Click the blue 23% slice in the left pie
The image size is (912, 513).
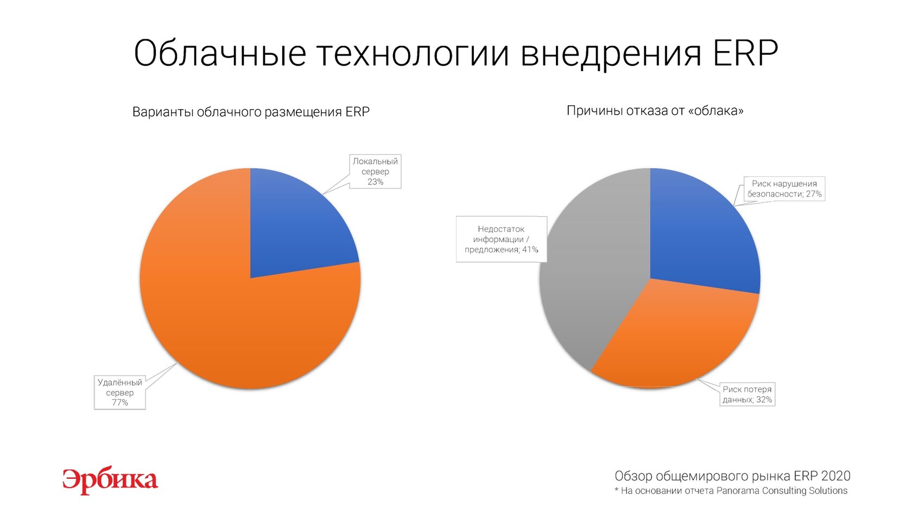293,228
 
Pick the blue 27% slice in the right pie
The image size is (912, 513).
700,236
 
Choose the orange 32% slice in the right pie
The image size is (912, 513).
676,338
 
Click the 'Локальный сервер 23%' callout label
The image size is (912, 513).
375,172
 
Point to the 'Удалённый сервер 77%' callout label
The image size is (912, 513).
119,392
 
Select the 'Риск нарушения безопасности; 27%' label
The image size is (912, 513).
784,189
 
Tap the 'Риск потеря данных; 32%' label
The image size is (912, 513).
747,394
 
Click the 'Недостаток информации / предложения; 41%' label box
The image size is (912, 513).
501,239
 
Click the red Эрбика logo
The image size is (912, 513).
110,480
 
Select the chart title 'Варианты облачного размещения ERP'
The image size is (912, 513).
251,112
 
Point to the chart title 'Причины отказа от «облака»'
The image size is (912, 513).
655,111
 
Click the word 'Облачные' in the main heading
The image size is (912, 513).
220,53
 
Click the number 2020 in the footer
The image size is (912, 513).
836,476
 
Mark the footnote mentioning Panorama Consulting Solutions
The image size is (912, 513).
731,491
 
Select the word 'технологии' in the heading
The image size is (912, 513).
413,54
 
